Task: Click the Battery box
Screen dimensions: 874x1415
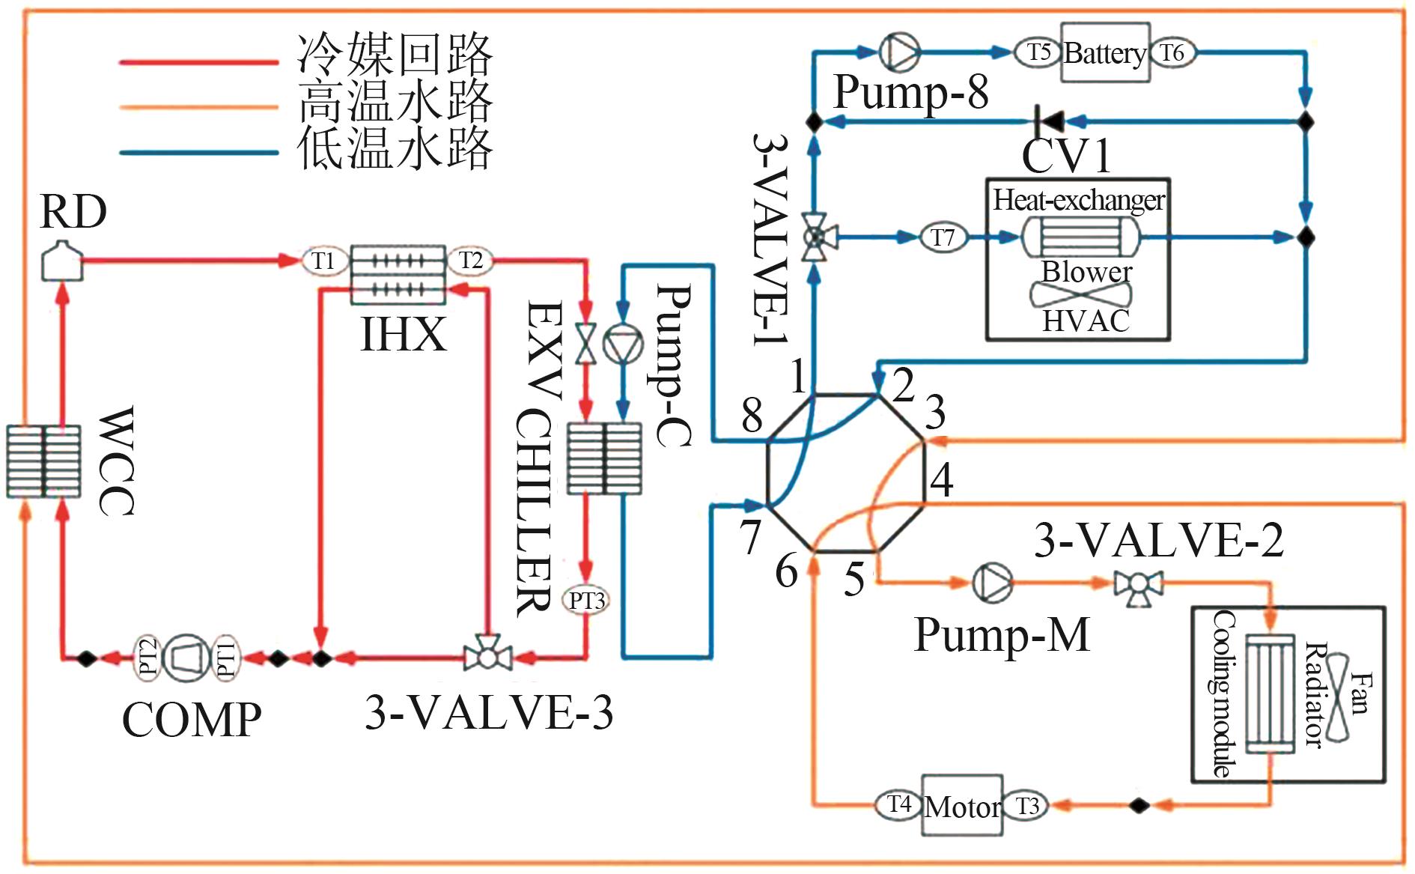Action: coord(1104,52)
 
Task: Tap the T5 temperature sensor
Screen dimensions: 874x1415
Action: coord(1038,52)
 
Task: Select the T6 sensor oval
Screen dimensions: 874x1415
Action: coord(1172,52)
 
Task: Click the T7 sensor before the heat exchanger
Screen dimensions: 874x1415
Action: coord(943,237)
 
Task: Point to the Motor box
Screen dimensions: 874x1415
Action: coord(961,806)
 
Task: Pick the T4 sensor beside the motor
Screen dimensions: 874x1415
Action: coord(898,805)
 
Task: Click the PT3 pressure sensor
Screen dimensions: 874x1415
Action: coord(585,601)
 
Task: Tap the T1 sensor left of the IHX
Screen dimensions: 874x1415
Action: coord(323,261)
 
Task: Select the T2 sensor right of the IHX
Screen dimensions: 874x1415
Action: coord(470,261)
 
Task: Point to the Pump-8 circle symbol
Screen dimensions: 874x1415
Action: coord(898,52)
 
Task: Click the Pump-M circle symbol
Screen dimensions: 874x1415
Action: coord(993,582)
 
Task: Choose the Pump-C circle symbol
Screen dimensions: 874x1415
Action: coord(623,346)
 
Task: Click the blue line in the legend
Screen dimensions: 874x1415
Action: coord(198,153)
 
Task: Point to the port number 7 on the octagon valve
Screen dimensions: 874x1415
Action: coord(750,536)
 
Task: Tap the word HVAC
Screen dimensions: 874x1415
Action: coord(1086,321)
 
